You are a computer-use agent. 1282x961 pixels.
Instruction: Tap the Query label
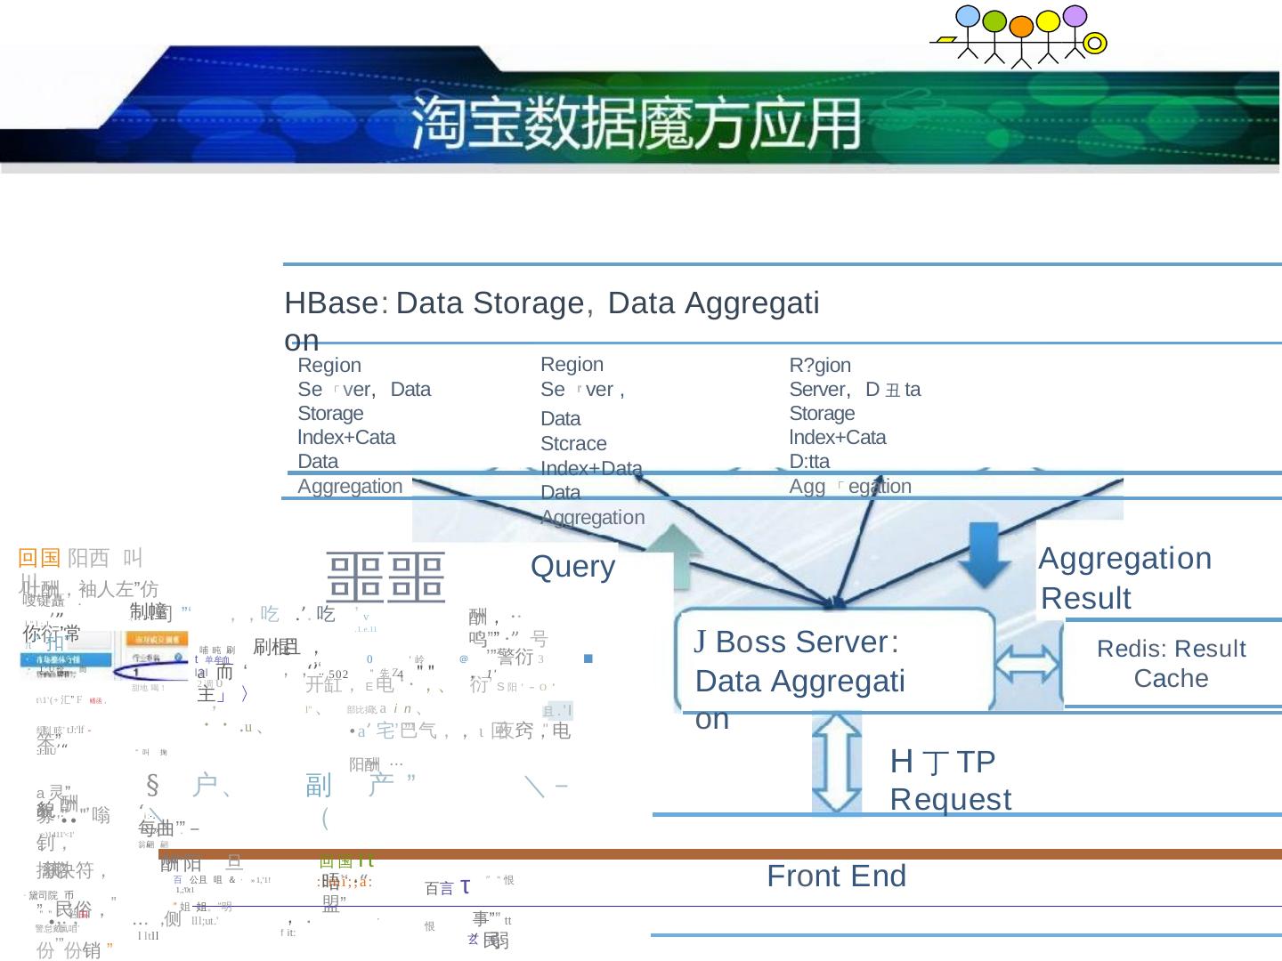coord(572,567)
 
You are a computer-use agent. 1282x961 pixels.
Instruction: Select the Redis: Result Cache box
coord(1171,664)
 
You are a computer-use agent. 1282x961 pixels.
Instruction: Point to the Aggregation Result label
coord(1125,577)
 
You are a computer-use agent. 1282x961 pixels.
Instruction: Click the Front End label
coord(836,876)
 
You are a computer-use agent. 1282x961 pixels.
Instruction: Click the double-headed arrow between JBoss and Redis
coord(1029,664)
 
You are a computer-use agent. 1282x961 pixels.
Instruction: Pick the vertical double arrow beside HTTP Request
coord(836,763)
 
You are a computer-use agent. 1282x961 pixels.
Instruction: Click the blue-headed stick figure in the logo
coord(967,17)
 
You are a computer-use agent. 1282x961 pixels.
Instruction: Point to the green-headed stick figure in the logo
coord(994,21)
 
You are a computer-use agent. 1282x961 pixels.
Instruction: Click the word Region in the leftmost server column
coord(329,366)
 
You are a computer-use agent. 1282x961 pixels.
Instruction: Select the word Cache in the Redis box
coord(1171,679)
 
